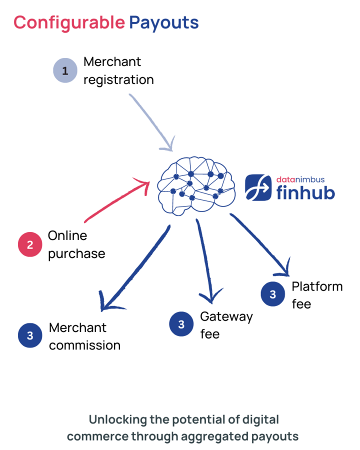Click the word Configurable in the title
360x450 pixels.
[x=68, y=22]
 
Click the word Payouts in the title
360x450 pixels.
[x=163, y=22]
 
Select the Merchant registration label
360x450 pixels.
[x=118, y=70]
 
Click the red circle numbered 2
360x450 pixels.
[x=30, y=244]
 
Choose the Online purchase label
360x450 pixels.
[x=76, y=244]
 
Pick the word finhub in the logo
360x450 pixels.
[x=305, y=192]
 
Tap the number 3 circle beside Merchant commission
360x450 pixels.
[x=30, y=335]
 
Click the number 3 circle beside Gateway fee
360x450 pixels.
[x=181, y=324]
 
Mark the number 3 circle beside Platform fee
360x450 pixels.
[x=272, y=294]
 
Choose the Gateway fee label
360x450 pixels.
[x=226, y=325]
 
